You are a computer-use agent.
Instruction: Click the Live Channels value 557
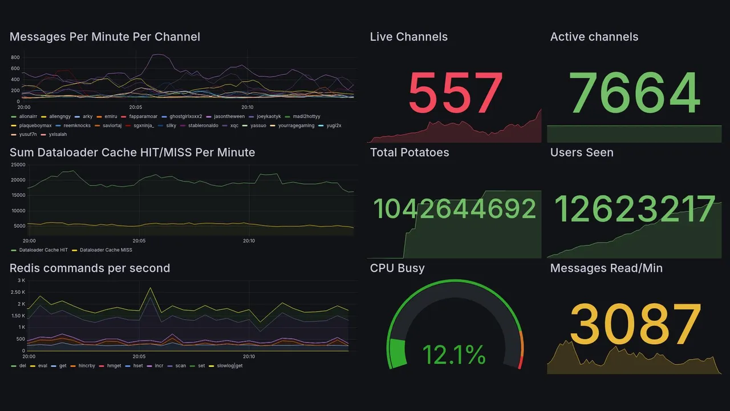coord(455,93)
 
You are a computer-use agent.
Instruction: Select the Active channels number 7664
coord(634,93)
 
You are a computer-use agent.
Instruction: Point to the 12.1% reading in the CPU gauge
coord(454,355)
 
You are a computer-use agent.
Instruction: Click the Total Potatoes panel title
coord(409,152)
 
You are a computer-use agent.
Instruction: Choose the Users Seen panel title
coord(581,152)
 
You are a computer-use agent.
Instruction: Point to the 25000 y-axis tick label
coord(18,165)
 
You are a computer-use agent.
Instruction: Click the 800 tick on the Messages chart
coord(15,58)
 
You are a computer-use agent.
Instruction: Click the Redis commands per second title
coord(90,268)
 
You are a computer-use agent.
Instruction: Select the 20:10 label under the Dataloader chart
coord(249,241)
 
